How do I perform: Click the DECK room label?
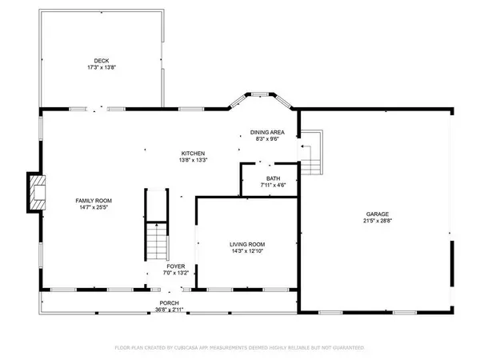pyautogui.click(x=101, y=60)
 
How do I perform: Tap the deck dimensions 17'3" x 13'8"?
pyautogui.click(x=101, y=67)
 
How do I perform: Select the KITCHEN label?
pyautogui.click(x=193, y=153)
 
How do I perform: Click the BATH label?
pyautogui.click(x=272, y=178)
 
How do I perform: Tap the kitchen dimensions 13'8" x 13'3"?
pyautogui.click(x=193, y=160)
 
